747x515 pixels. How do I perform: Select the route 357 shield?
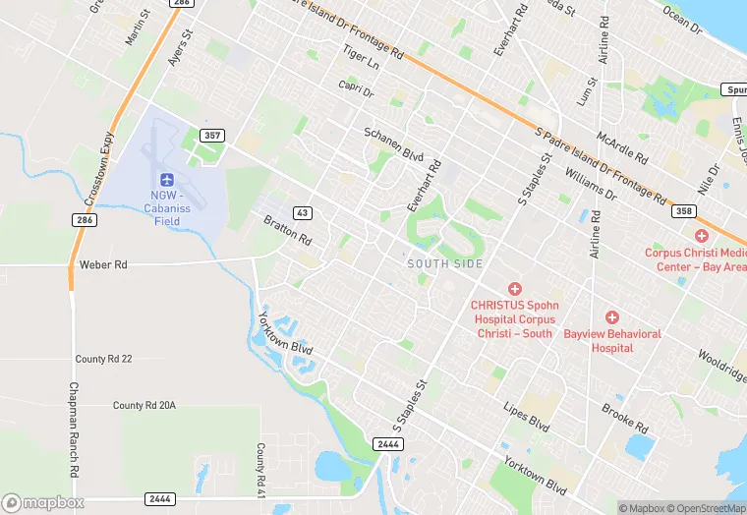tap(212, 135)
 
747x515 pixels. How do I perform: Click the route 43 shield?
tap(303, 212)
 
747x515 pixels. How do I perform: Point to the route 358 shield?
tap(683, 211)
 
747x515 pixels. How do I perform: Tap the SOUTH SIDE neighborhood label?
tap(445, 263)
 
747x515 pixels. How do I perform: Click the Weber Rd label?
tap(103, 265)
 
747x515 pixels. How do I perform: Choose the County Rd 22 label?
tap(103, 359)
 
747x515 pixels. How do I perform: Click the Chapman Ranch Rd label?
tap(74, 429)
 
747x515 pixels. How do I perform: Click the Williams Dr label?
tap(591, 184)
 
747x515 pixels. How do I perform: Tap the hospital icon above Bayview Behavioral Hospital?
tap(611, 317)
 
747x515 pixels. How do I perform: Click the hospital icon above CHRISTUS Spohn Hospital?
tap(513, 288)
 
